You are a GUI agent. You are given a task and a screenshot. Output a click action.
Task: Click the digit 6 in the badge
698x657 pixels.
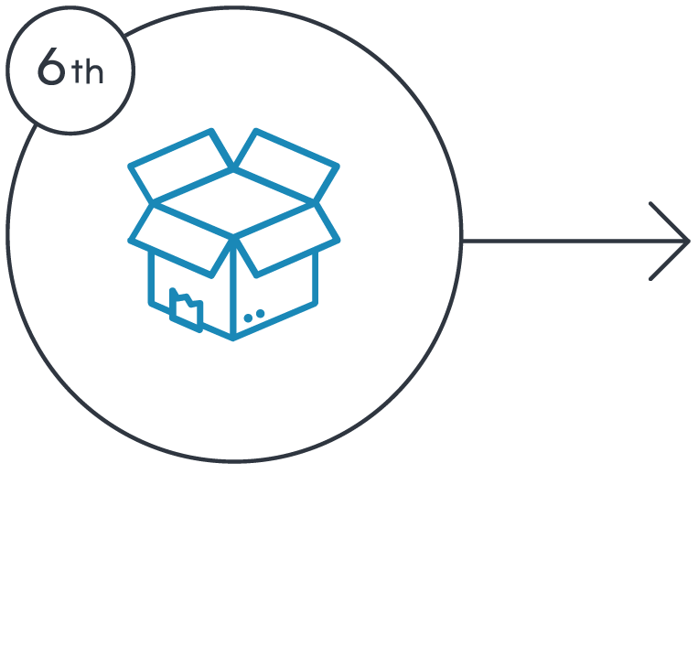tap(53, 69)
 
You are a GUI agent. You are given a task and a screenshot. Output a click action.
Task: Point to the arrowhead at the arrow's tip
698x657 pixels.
tap(684, 242)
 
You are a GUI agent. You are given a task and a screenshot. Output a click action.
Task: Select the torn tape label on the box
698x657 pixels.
tap(187, 307)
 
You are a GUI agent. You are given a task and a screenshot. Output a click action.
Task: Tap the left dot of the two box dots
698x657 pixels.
tap(248, 317)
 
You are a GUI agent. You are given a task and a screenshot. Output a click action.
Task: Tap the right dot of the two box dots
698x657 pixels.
tap(261, 314)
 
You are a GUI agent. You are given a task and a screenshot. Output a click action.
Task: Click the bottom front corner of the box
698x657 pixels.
tap(234, 338)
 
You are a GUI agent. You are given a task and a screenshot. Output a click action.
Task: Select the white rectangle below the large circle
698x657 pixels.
tap(234, 533)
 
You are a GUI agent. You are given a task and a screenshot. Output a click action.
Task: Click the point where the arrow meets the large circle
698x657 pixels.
tap(463, 242)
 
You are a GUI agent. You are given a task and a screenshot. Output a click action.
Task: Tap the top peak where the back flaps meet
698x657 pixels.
tap(234, 167)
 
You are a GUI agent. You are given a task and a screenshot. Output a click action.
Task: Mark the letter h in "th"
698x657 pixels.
tap(94, 72)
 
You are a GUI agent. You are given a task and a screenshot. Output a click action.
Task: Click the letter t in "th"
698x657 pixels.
tap(77, 73)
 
